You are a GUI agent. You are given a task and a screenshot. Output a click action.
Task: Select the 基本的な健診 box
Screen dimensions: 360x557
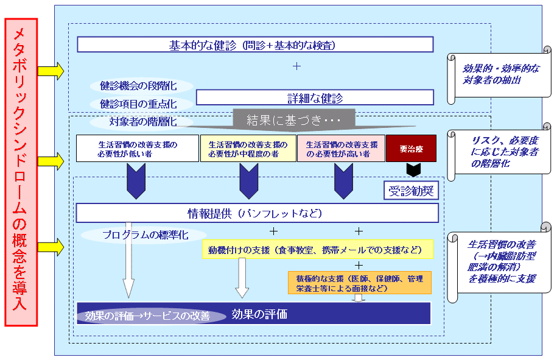tap(255, 44)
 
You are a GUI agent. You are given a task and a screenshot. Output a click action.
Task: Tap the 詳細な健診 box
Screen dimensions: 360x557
tap(315, 97)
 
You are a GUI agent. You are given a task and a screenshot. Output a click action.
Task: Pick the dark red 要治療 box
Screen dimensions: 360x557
tap(411, 148)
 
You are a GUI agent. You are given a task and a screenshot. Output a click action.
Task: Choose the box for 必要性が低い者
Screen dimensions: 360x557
tap(138, 148)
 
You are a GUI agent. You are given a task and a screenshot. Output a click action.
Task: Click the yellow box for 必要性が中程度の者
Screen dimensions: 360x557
tap(248, 148)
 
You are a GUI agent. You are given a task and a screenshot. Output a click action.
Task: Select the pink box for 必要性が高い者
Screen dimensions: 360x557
tap(341, 148)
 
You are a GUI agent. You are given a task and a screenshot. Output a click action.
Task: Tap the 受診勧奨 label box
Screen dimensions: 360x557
tap(411, 191)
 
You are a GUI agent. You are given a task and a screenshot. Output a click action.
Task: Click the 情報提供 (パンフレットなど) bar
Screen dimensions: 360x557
tap(257, 213)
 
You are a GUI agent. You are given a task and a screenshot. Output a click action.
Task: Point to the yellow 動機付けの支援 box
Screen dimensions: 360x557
tap(317, 249)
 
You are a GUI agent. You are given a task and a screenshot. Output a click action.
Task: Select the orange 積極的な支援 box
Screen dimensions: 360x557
tap(360, 283)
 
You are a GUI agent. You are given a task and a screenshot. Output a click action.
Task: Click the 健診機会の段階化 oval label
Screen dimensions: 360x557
tap(141, 86)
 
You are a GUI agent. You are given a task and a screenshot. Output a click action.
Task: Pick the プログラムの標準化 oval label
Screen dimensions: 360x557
tap(140, 235)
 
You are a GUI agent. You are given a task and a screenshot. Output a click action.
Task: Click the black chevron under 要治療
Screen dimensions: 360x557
tap(411, 169)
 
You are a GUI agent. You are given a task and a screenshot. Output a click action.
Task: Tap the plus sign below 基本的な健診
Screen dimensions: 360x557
tap(296, 66)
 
